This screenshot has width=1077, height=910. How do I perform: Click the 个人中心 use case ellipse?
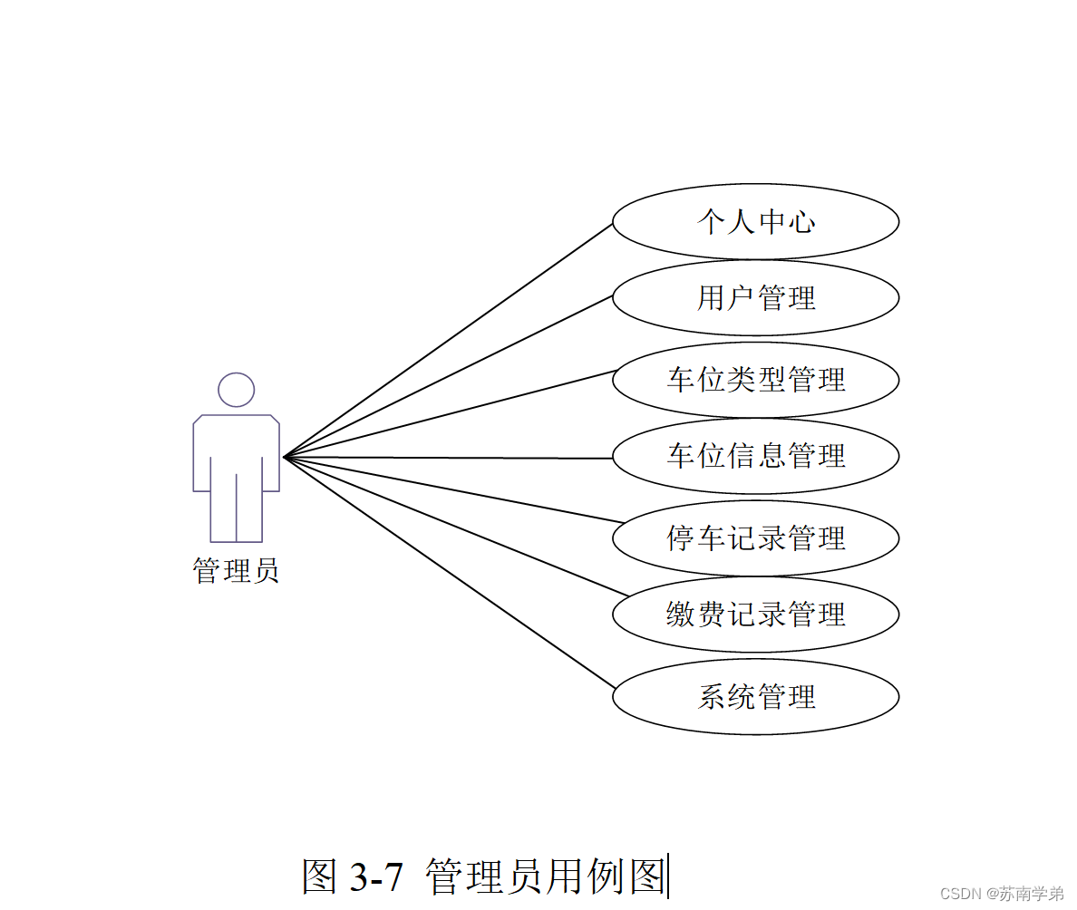coord(755,222)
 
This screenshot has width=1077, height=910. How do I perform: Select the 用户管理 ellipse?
coord(755,298)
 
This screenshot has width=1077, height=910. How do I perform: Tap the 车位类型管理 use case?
coord(755,379)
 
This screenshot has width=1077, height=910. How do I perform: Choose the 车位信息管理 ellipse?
coord(755,455)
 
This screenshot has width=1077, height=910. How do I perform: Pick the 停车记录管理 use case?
coord(755,538)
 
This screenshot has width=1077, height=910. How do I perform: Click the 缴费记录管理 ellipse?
coord(755,615)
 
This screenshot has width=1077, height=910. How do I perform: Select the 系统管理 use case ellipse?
coord(755,697)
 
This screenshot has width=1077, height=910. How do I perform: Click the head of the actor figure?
coord(236,390)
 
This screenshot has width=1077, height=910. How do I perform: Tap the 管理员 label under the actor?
coord(236,571)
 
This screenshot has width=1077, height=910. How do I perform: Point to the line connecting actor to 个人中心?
coord(448,340)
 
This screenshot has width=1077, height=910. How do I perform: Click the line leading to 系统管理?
coord(449,572)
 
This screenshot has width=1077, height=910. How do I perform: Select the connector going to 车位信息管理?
coord(449,458)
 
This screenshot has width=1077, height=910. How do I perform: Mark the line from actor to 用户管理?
coord(449,376)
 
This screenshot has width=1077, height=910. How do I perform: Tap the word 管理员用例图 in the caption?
coord(545,876)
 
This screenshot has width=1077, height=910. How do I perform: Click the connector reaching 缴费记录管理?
coord(456,527)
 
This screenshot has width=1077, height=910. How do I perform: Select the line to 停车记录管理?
coord(454,489)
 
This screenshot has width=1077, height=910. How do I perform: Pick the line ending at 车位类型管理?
coord(451,413)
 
